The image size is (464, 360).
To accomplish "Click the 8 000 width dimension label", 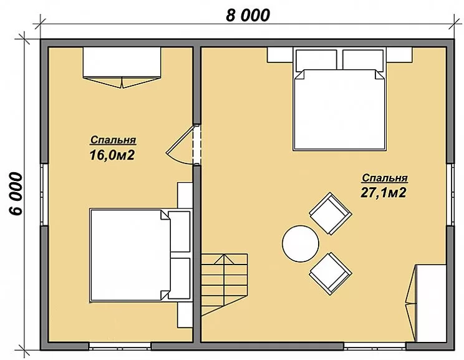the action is (x=248, y=16).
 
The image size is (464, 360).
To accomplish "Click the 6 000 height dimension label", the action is (x=16, y=193).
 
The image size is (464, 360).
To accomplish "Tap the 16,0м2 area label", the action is (x=112, y=155).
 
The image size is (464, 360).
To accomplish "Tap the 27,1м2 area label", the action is (x=383, y=193).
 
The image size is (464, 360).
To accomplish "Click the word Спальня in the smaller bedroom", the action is (x=114, y=140).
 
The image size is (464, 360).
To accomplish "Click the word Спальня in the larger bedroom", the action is (x=385, y=178).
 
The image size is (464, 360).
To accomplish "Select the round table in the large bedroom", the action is (x=301, y=244).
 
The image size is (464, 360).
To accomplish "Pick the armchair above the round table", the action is (x=331, y=213).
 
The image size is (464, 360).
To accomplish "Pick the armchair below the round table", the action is (x=331, y=273).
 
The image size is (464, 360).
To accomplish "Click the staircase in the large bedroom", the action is (x=225, y=285).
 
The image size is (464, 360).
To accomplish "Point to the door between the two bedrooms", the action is (x=183, y=145).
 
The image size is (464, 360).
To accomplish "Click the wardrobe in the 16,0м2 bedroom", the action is (x=122, y=67).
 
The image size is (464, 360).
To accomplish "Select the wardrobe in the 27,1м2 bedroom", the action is (x=427, y=303).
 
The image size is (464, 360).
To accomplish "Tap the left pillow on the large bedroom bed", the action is (x=316, y=60).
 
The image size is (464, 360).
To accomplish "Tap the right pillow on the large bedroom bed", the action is (x=363, y=60).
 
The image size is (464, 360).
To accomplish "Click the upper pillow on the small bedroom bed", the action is (x=179, y=231).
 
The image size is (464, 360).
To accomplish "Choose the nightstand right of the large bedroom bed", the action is (x=399, y=55).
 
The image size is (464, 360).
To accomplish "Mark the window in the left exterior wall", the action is (x=44, y=194).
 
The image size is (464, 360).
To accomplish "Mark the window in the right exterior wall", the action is (x=450, y=194).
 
